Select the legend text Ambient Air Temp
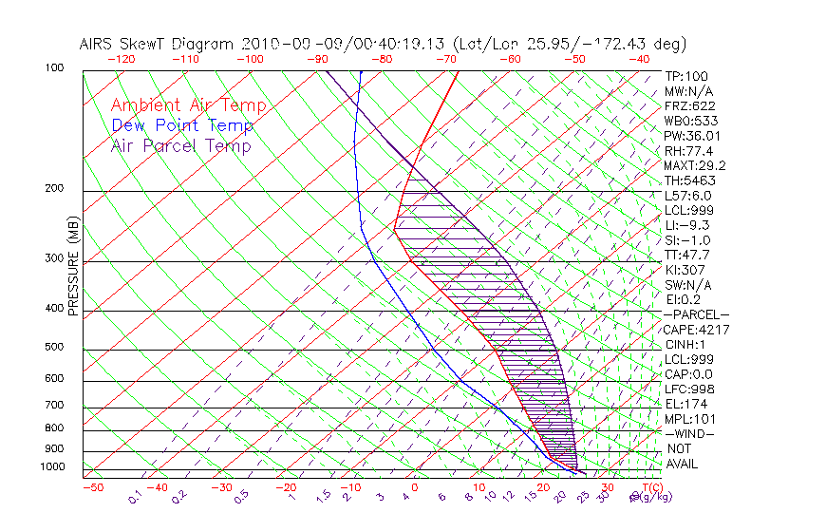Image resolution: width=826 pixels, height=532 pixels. coord(188,105)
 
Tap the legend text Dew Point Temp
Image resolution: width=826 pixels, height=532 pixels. coord(182,125)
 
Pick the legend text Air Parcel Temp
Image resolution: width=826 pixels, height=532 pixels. coord(180,145)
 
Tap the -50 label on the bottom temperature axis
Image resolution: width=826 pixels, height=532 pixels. coord(92,487)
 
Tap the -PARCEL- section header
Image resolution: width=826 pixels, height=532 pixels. coord(696,314)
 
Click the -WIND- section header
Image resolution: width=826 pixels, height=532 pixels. coord(690,433)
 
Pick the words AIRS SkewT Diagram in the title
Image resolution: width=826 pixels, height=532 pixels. coord(158,44)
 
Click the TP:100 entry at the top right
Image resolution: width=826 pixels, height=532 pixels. coord(685,76)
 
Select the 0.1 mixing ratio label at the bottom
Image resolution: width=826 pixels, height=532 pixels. coord(135,497)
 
